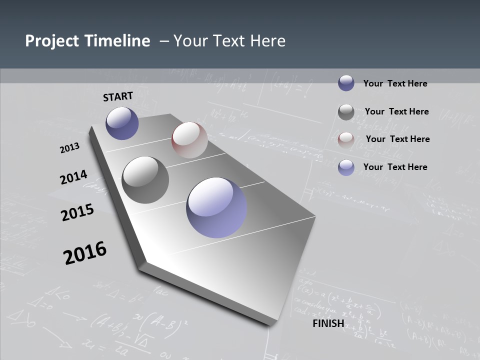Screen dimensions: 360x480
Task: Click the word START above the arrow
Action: point(118,96)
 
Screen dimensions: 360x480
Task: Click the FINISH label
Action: point(328,323)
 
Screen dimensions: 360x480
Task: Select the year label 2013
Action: point(70,148)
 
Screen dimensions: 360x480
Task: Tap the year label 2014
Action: point(74,177)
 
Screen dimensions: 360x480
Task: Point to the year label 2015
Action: point(77,212)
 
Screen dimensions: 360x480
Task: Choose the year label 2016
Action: point(85,253)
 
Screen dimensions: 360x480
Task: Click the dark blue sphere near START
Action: point(122,123)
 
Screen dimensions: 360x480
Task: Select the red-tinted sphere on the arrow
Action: point(189,140)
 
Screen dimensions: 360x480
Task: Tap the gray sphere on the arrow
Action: point(145,180)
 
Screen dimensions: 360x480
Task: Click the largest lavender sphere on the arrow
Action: point(216,207)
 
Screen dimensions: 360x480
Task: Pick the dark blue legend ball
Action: point(346,83)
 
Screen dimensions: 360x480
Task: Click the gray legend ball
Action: point(346,112)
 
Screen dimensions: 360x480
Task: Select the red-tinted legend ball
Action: point(346,139)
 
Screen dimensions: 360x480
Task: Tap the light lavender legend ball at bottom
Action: point(346,167)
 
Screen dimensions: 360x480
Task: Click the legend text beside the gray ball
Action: point(396,111)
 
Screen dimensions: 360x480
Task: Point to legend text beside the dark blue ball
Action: point(395,83)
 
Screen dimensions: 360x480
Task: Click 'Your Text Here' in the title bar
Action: point(229,41)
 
